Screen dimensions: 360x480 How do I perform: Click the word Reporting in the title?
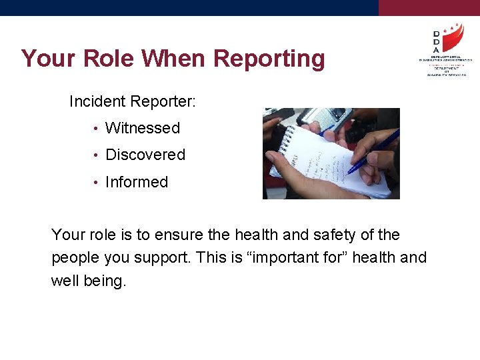269,59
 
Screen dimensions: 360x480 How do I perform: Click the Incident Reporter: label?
133,101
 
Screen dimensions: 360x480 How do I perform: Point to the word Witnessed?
143,128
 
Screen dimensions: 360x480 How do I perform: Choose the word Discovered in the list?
145,155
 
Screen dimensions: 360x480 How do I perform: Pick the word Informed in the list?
137,182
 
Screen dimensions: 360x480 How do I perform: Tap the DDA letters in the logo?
436,41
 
